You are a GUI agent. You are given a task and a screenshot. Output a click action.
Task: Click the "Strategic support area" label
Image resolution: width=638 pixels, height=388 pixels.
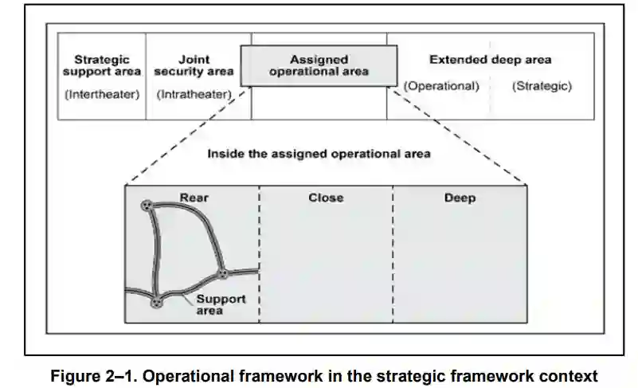(101, 65)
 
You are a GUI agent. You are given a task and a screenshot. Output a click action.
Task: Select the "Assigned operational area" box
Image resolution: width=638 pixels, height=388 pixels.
(319, 65)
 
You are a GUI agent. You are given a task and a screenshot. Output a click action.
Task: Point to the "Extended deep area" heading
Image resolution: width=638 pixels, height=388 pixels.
(490, 60)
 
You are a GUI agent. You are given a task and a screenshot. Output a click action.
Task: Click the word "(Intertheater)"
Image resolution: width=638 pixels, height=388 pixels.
(101, 95)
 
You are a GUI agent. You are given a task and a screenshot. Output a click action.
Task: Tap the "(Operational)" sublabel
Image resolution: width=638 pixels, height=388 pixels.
(441, 86)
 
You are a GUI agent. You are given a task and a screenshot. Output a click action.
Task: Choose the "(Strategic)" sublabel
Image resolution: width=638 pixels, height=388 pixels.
(542, 86)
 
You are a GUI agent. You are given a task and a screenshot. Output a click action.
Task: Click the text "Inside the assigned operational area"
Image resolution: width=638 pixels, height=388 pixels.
(319, 154)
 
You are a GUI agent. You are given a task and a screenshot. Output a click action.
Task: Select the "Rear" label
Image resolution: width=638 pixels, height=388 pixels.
(194, 198)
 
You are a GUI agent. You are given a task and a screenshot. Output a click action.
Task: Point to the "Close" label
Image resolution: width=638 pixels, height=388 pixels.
(326, 198)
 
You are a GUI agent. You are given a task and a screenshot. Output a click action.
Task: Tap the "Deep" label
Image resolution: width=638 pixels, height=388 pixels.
(460, 198)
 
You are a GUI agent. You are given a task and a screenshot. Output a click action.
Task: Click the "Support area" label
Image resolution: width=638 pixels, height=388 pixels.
(221, 304)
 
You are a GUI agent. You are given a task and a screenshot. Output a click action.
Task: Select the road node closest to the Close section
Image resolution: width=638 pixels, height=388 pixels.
(222, 274)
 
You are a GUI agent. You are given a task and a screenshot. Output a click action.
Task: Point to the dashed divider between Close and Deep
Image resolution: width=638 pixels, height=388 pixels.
(393, 255)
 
